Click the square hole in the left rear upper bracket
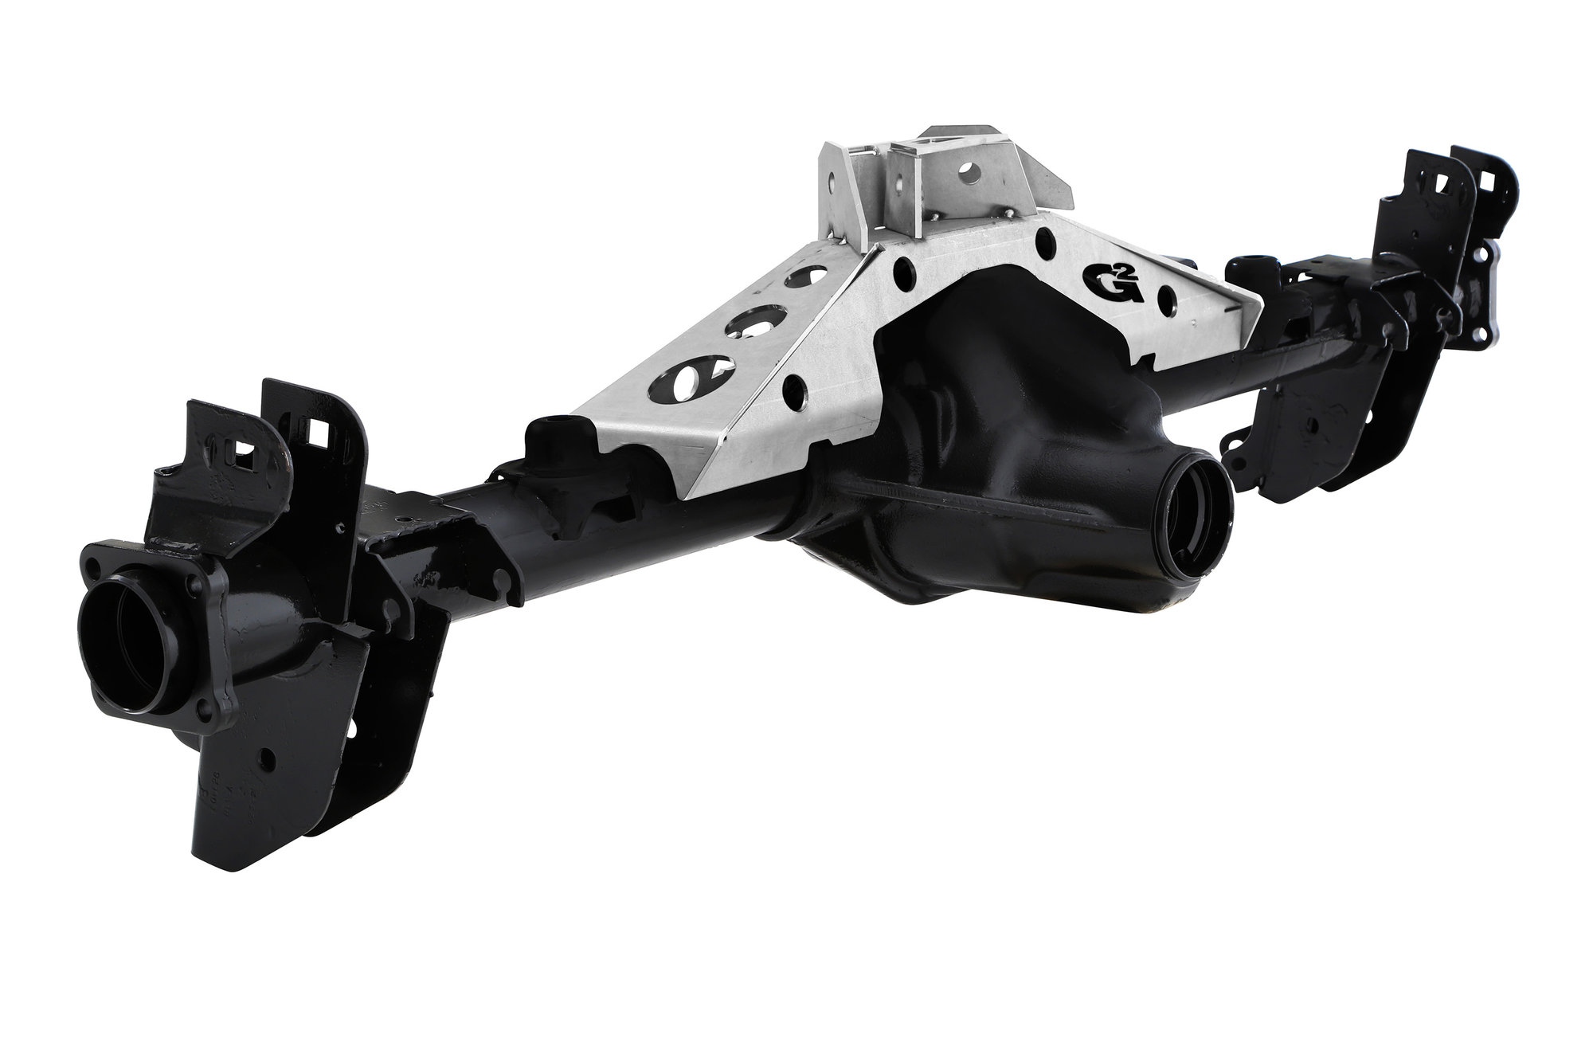[322, 433]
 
